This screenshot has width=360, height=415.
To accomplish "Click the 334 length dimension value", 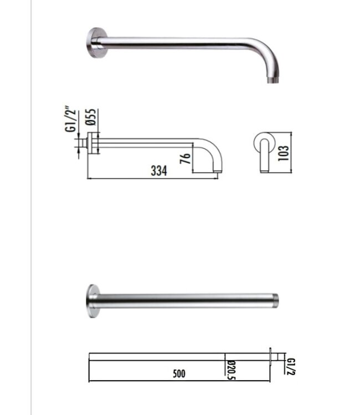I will click(x=158, y=172).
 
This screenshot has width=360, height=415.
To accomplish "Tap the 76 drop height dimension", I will click(x=186, y=158).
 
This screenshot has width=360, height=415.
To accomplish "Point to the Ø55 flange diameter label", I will click(x=92, y=118).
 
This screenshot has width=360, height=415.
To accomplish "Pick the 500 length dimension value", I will click(x=178, y=373).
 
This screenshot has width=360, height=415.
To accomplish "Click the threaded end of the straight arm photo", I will click(x=275, y=300).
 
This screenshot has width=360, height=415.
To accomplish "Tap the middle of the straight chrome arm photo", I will click(x=183, y=300).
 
